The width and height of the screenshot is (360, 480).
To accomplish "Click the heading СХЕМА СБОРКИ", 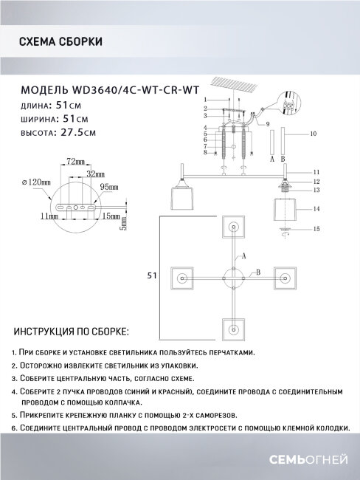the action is coord(60,42).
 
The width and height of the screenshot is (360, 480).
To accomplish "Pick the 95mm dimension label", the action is coord(109,187).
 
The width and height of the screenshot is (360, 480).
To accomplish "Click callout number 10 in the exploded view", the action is coord(314,134).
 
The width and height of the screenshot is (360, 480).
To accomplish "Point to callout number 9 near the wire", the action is coord(268,123).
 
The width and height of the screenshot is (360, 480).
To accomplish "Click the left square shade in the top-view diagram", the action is coord(182,277).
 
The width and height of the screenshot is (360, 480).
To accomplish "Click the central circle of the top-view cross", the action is coord(234,277).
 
